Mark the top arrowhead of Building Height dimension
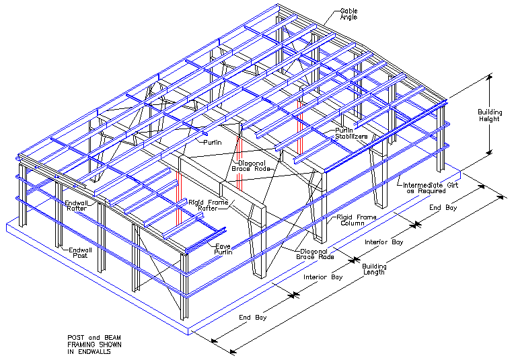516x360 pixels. click(x=489, y=78)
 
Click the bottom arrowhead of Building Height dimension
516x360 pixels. click(x=489, y=155)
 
